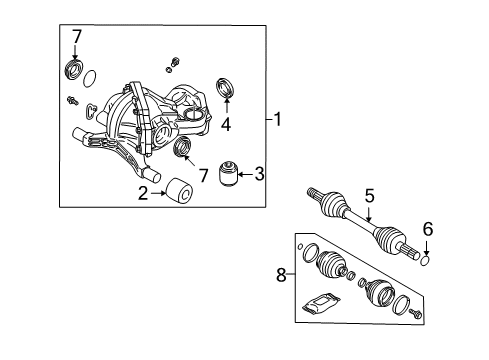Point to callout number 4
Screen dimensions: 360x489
227,125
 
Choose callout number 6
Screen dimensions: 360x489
428,229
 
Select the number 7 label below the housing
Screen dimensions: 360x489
205,175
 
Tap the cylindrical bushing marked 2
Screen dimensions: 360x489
180,191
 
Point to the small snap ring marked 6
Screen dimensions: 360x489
426,260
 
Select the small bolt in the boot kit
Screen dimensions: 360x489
415,316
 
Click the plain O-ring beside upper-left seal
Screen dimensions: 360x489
91,79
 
